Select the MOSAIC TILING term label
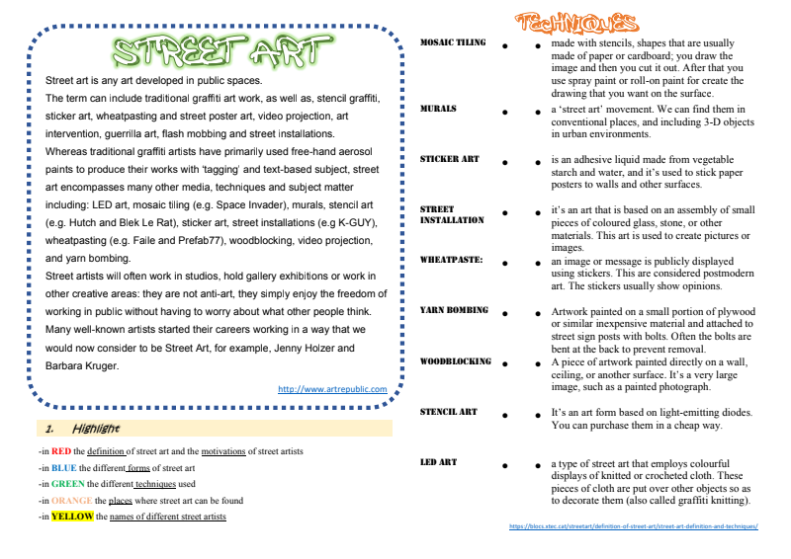point(453,43)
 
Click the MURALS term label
point(438,109)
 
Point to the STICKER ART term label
point(449,159)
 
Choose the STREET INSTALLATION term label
point(452,214)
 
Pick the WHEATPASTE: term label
point(451,260)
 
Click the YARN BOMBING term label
point(454,310)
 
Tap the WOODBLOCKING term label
point(455,361)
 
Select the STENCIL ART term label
point(448,412)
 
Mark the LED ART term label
point(438,462)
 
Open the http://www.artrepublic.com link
point(332,389)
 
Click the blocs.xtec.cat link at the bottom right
point(634,526)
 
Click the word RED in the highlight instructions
point(61,451)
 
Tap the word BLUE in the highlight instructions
point(64,468)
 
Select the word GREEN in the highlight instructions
point(68,484)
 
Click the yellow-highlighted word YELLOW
point(72,517)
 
